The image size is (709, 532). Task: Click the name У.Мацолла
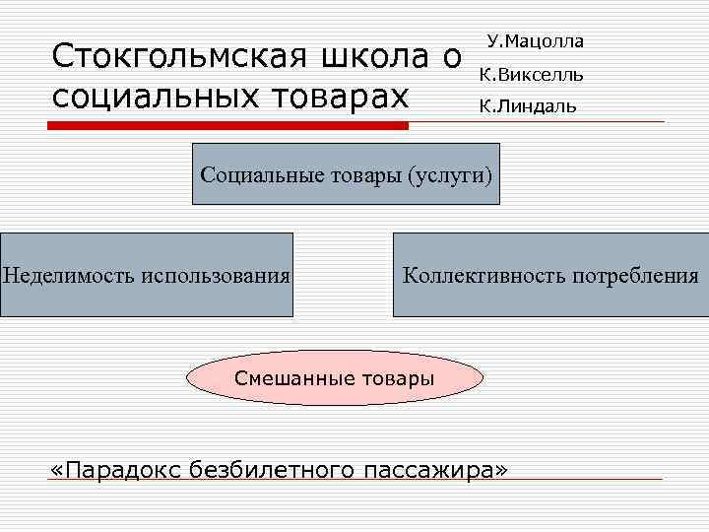(x=535, y=42)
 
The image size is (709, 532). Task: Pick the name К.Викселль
(x=531, y=74)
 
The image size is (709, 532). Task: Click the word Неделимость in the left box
(x=69, y=275)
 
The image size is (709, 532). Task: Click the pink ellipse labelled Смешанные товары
(x=335, y=378)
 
